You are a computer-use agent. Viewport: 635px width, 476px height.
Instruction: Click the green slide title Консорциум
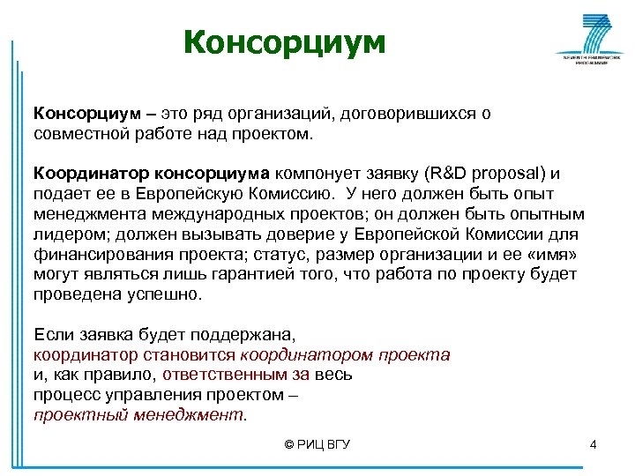(285, 42)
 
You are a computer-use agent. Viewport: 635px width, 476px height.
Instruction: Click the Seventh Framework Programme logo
(586, 41)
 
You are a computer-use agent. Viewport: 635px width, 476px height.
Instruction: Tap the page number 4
(594, 444)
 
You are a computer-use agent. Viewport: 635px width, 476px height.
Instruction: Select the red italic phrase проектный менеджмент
(139, 413)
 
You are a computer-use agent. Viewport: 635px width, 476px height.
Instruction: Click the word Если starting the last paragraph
(51, 335)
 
